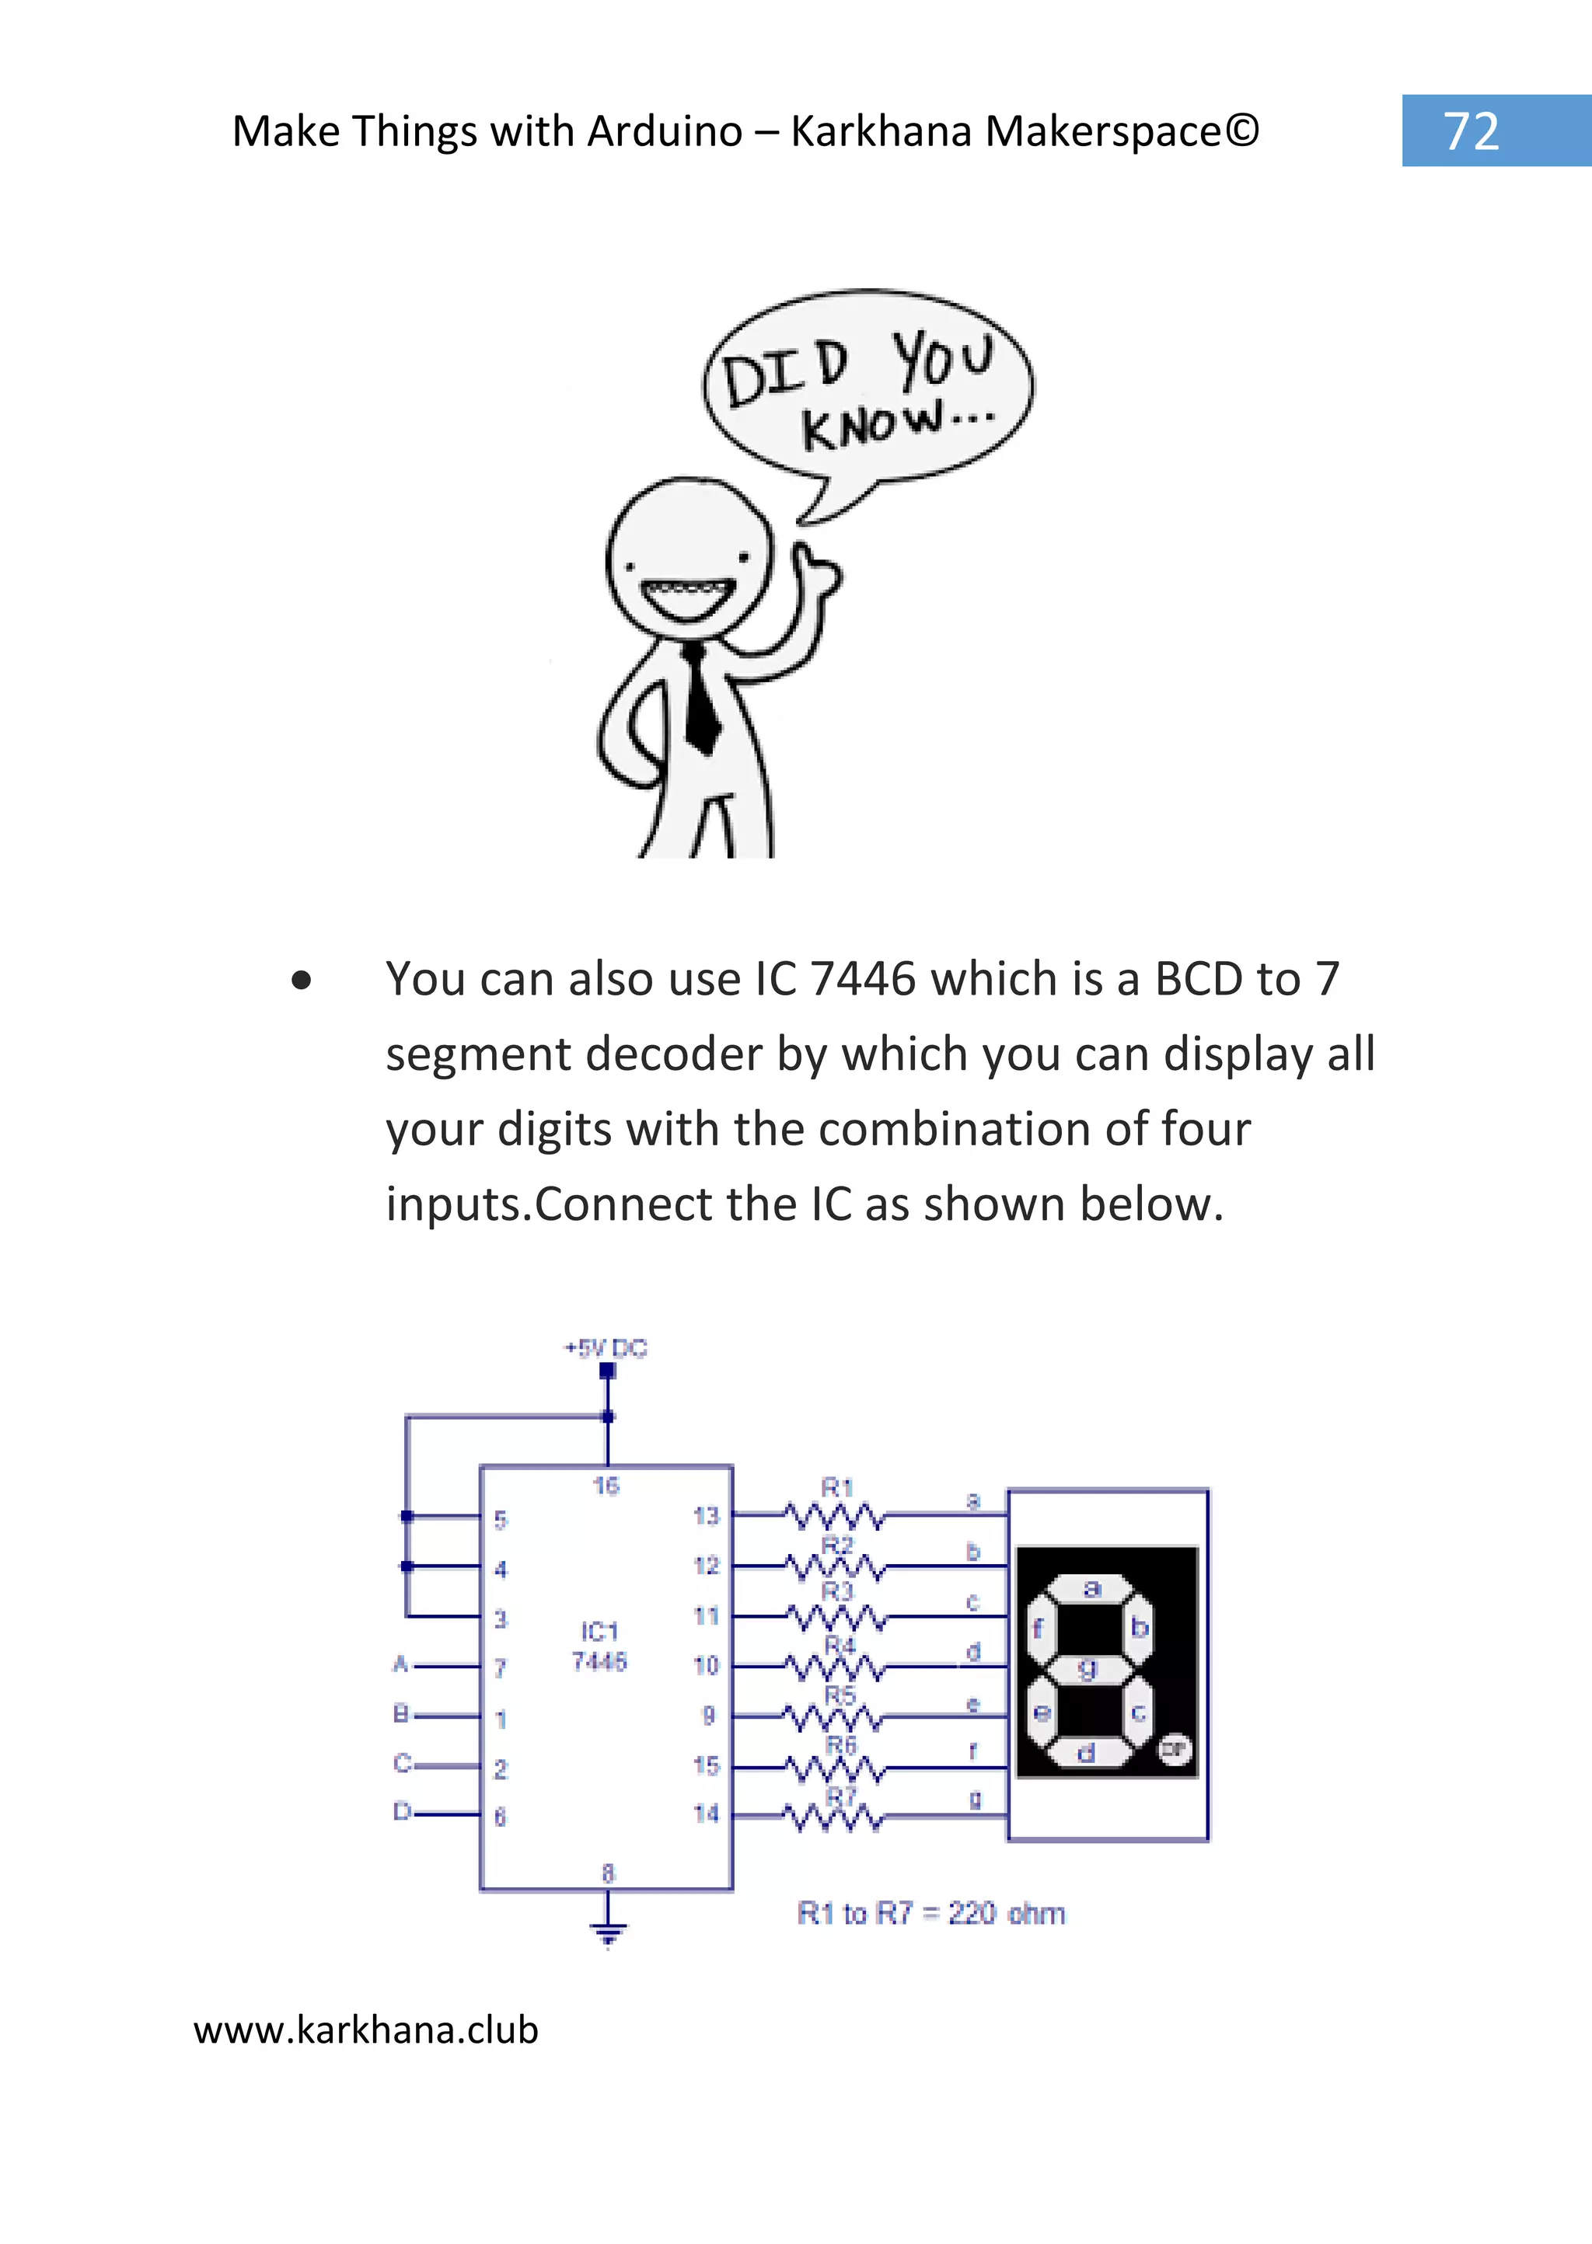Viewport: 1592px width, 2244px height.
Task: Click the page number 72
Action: (x=1471, y=131)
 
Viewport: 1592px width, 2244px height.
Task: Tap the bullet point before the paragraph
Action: (x=301, y=980)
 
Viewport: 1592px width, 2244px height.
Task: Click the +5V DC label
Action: (x=606, y=1348)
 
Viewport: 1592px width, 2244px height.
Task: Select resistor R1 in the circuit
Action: (x=835, y=1516)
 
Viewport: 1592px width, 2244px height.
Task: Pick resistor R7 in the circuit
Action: (x=835, y=1817)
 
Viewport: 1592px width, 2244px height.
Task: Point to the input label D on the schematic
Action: (x=401, y=1812)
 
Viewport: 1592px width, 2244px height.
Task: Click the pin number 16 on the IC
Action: (x=606, y=1486)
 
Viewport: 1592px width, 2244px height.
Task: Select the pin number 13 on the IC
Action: (x=706, y=1516)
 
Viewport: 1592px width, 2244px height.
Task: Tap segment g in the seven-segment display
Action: (x=1088, y=1669)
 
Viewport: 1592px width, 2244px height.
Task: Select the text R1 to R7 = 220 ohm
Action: (x=930, y=1913)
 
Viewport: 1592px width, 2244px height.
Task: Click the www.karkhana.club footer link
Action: (x=365, y=2030)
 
